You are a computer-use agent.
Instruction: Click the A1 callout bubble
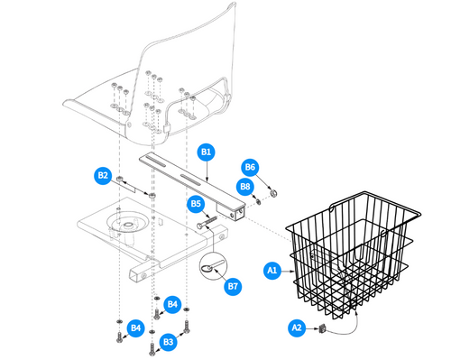[x=272, y=269]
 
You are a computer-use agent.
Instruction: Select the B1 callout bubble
[x=206, y=152]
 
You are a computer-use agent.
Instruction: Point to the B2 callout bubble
[x=103, y=175]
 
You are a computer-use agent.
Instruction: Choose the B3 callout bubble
[x=167, y=341]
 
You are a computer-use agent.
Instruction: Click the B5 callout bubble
[x=196, y=204]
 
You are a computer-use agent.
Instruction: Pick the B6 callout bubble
[x=251, y=167]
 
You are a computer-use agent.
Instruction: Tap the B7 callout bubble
[x=233, y=286]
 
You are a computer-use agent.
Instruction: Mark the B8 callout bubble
[x=244, y=186]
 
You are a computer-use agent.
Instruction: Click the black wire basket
[x=352, y=253]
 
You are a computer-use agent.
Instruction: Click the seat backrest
[x=189, y=45]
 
